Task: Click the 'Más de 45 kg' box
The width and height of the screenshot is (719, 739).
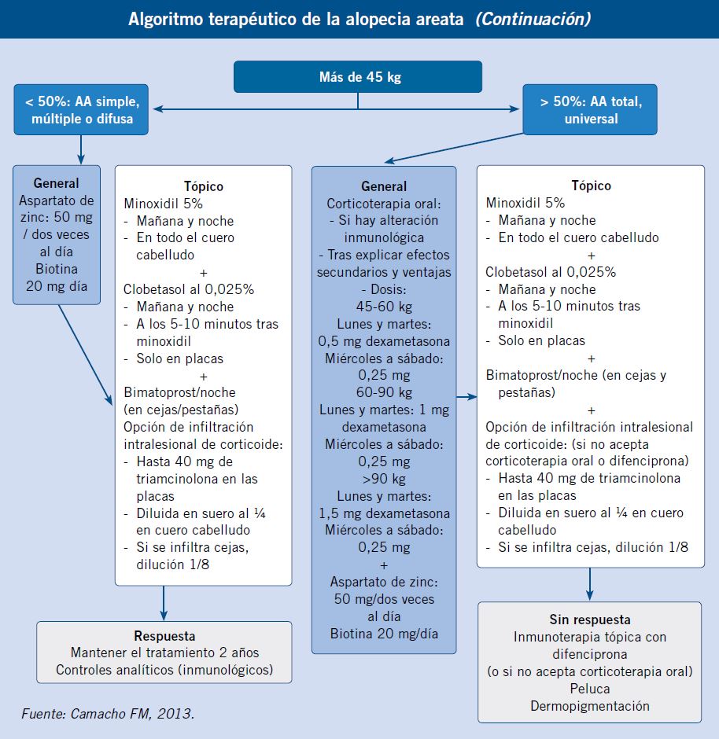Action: click(358, 76)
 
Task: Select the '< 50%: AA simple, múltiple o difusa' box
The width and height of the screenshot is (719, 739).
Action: click(81, 110)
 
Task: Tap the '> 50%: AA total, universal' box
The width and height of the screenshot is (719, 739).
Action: click(590, 110)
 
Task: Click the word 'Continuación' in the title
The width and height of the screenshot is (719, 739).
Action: click(533, 20)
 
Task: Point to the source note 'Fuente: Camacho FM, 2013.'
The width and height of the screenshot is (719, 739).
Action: click(108, 714)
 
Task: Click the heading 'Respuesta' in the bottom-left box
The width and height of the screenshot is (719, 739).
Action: click(164, 636)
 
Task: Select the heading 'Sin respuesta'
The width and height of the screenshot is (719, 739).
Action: click(590, 620)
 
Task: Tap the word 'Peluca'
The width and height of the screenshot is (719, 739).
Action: click(590, 689)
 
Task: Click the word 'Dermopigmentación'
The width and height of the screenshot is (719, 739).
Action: click(590, 706)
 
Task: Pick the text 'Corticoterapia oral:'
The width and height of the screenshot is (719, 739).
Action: click(384, 204)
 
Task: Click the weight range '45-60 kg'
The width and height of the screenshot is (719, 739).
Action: click(384, 307)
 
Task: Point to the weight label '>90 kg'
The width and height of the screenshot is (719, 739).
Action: click(384, 479)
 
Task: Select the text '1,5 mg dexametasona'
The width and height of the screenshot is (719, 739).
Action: click(384, 513)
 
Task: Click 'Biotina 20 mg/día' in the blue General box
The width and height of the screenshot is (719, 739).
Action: click(384, 634)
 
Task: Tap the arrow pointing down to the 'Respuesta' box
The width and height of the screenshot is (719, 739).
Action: click(164, 603)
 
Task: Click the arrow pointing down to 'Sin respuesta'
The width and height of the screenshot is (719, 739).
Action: click(589, 584)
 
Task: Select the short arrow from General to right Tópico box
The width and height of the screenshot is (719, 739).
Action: click(466, 397)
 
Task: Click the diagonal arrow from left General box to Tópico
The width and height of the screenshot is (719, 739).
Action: click(85, 355)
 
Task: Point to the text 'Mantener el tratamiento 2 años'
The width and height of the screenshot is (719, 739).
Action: click(164, 653)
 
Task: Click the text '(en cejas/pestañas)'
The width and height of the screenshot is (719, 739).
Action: click(181, 410)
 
